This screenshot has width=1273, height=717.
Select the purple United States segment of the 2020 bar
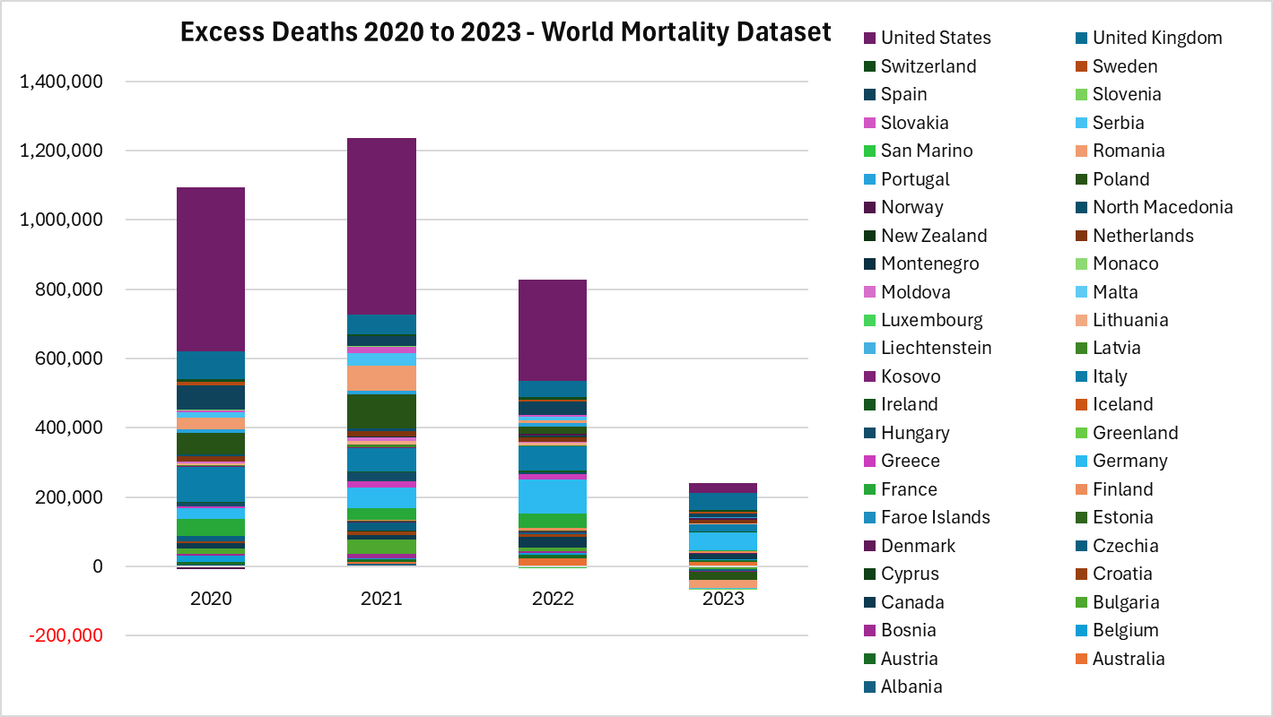click(211, 269)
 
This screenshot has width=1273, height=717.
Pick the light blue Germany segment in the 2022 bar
click(553, 497)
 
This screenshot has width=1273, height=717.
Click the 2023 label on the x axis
click(723, 599)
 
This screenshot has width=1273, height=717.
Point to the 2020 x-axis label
click(211, 599)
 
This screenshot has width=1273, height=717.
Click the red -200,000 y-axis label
click(66, 635)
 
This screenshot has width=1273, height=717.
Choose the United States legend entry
click(935, 38)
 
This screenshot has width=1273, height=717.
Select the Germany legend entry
click(1129, 461)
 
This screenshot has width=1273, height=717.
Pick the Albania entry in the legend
click(911, 687)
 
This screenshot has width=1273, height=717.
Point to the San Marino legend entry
click(927, 151)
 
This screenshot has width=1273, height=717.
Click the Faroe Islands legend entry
click(935, 517)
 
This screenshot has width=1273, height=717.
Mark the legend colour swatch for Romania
click(1081, 151)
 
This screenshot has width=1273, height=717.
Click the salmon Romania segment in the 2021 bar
click(381, 377)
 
